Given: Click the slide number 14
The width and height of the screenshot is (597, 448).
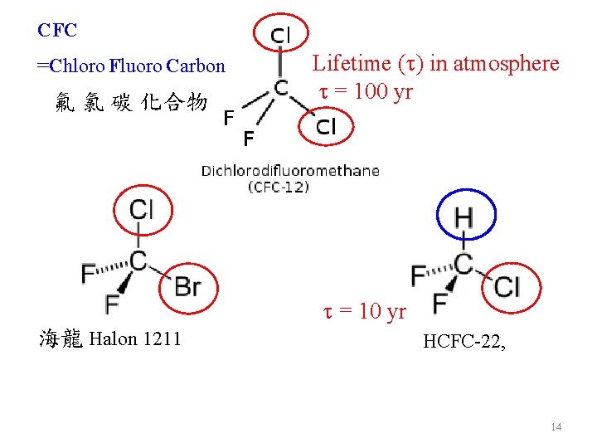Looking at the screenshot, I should [x=556, y=426].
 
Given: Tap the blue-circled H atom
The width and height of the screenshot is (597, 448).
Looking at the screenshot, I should [x=464, y=217].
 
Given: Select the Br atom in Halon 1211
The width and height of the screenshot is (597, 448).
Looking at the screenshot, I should [x=187, y=287].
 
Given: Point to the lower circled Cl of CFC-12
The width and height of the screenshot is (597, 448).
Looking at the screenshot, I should [x=326, y=126].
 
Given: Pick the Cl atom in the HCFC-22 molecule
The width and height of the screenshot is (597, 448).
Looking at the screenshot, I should [x=507, y=287].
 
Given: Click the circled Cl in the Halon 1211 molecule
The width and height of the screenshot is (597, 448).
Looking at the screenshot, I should [x=141, y=208].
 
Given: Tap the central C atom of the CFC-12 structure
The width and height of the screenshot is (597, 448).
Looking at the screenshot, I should [x=282, y=86].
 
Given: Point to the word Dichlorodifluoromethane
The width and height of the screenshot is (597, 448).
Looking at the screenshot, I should [x=290, y=171].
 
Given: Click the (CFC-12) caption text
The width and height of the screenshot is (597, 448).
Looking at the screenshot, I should [x=278, y=187].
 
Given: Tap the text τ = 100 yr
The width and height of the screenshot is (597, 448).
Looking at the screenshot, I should [x=362, y=91].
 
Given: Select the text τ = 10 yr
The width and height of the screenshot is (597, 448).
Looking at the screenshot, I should [x=364, y=312].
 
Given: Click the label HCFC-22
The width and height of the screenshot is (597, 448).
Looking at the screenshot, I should [x=464, y=340].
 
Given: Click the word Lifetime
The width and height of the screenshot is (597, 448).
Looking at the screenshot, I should [x=349, y=63].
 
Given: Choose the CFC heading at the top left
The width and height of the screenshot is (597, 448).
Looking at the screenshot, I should [x=57, y=31].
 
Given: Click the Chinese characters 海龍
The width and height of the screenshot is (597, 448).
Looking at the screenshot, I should [x=61, y=338].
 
